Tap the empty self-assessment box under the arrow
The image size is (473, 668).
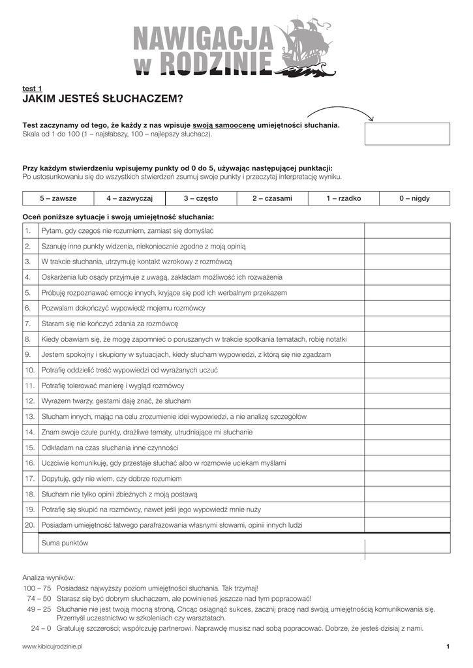tap(406, 133)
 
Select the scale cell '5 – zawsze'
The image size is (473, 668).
tap(58, 198)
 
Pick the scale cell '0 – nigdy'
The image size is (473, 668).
tap(414, 198)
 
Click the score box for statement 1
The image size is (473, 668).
tap(406, 231)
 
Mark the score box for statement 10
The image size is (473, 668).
tap(406, 370)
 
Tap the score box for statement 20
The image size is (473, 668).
tap(406, 524)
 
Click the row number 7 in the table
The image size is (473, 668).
tap(29, 324)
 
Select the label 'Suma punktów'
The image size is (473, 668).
tap(65, 543)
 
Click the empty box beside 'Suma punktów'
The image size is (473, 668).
tap(406, 543)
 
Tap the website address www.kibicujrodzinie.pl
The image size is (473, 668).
tap(53, 646)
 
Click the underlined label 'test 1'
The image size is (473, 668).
tap(33, 88)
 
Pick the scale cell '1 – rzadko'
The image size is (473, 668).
tap(344, 198)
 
